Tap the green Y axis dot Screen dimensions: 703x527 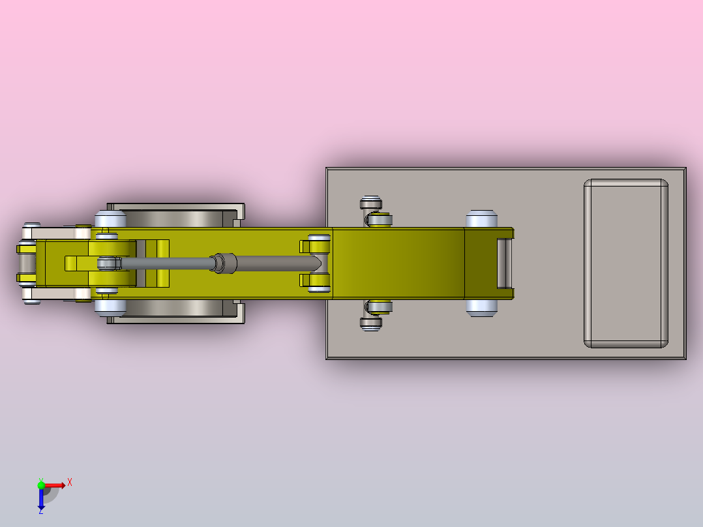41,485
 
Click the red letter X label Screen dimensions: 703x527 70,483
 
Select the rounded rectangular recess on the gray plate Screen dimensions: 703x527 626,263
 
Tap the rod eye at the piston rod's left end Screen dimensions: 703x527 109,263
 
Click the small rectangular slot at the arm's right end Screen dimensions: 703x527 504,263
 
